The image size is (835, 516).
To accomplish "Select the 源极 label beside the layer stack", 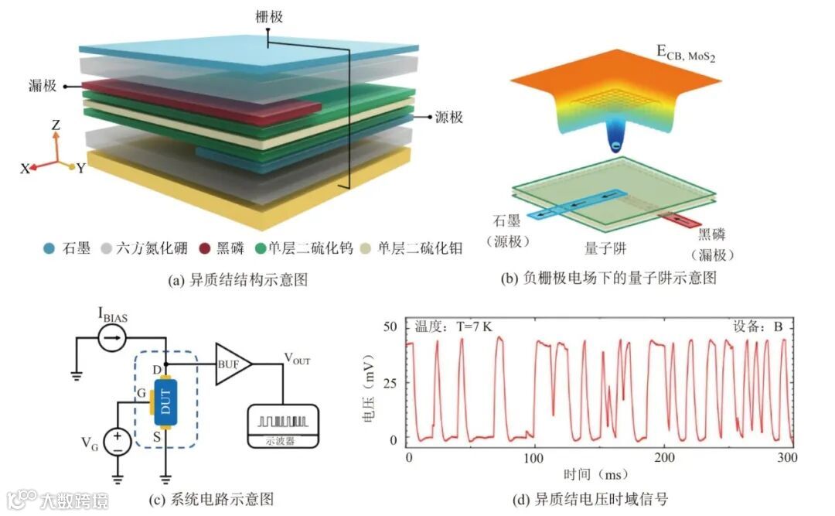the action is click(450, 118).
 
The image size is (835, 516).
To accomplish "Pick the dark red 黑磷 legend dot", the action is click(204, 249).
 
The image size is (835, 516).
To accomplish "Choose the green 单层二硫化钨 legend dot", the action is click(260, 249).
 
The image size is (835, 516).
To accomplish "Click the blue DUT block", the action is click(166, 403).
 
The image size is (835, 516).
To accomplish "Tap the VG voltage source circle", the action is click(118, 442).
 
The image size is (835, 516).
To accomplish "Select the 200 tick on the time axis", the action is click(664, 458).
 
